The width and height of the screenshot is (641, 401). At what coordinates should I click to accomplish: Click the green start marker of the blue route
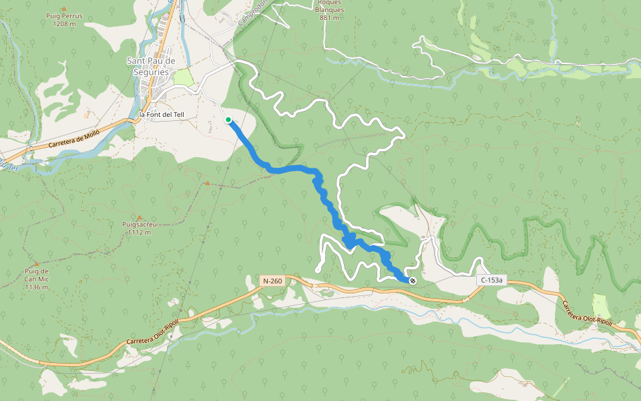click(228, 120)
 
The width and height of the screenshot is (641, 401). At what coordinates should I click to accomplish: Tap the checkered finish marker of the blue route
click(413, 281)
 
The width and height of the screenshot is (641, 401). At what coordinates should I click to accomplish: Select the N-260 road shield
click(272, 281)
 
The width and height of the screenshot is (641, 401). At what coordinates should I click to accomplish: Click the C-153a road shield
click(490, 281)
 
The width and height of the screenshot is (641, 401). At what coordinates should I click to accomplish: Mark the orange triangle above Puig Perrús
click(63, 7)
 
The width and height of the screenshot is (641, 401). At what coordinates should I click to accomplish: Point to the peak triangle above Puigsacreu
click(140, 217)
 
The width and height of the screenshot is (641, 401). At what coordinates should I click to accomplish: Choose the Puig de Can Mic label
click(37, 275)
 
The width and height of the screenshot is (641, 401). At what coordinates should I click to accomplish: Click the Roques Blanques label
click(331, 10)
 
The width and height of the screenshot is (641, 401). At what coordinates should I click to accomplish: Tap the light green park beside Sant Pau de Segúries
click(183, 78)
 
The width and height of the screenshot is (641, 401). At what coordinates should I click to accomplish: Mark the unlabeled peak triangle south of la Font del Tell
click(207, 182)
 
